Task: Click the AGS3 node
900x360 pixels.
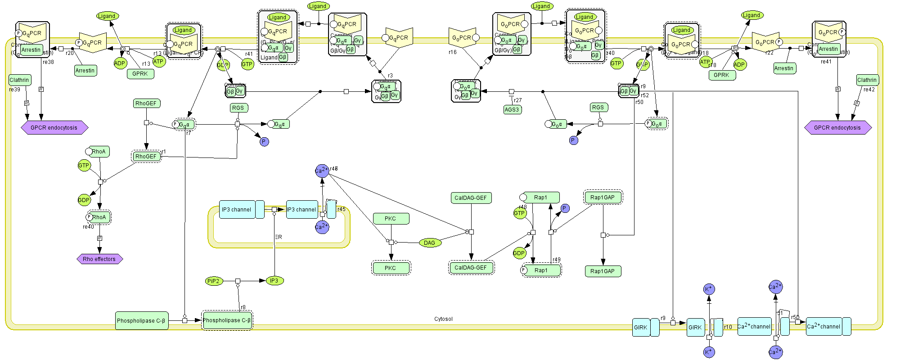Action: [512, 109]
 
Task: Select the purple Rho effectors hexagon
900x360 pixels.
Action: [99, 259]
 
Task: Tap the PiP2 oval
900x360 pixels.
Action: [213, 281]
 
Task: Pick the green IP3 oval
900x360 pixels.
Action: [274, 281]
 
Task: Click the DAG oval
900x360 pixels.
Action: [430, 243]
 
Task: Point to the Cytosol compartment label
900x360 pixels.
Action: [443, 319]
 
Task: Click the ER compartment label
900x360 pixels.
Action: [279, 237]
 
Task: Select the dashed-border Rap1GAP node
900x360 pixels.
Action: [603, 198]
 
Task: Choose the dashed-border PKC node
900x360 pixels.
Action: [391, 268]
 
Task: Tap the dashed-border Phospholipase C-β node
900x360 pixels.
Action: [227, 320]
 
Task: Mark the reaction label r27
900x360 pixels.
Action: [518, 101]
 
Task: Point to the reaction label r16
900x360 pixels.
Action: [453, 52]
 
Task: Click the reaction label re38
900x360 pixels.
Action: [48, 62]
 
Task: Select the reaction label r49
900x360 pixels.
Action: [557, 260]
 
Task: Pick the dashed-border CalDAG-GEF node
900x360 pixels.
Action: [471, 268]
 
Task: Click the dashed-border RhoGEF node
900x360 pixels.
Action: [146, 157]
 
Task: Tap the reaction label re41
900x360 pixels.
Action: [826, 62]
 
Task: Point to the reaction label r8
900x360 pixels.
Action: [243, 307]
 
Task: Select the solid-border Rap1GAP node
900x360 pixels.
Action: [603, 271]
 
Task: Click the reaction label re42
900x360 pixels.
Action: [869, 90]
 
